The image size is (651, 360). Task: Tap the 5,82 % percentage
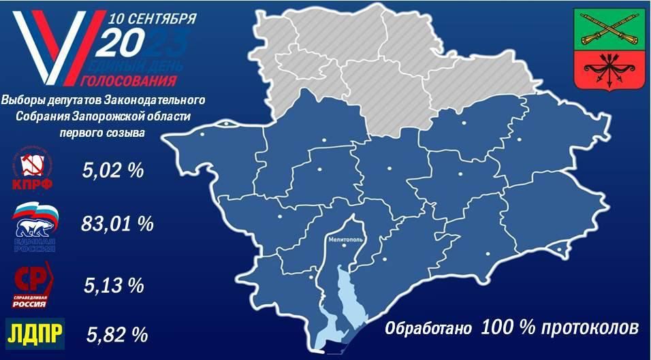coord(118,334)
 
